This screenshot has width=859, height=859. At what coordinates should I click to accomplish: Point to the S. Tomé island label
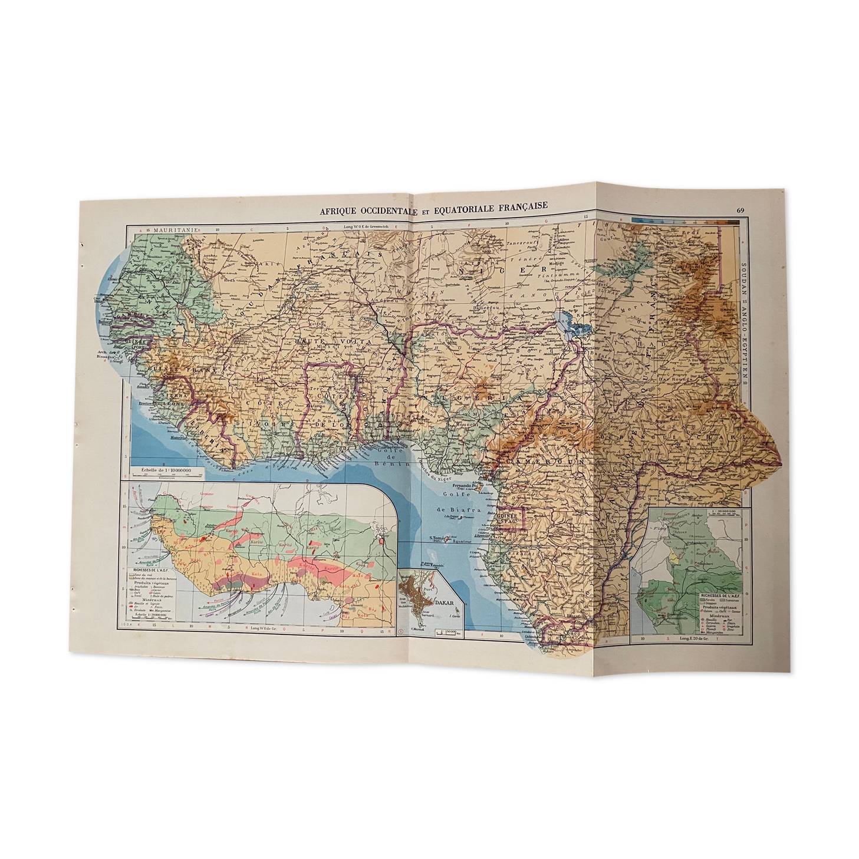pyautogui.click(x=437, y=538)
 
